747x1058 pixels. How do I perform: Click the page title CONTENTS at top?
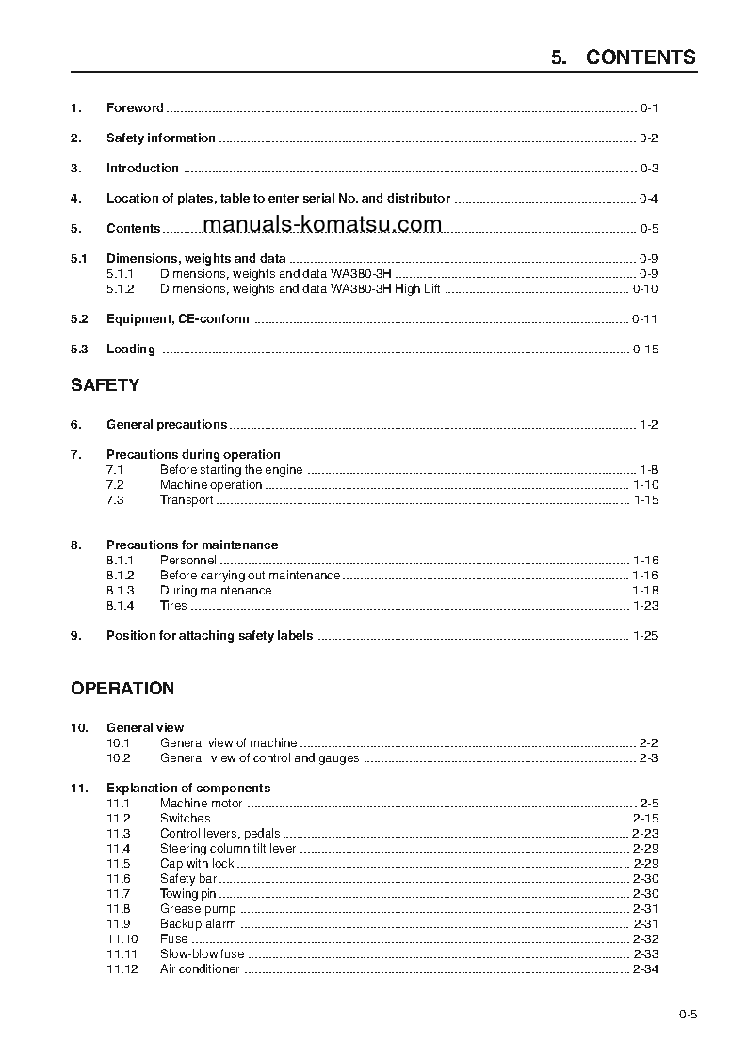coord(641,57)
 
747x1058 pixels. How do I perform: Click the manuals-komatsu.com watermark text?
coord(321,224)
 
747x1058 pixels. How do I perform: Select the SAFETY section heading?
coord(105,385)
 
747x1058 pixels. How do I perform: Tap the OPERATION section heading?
coord(122,689)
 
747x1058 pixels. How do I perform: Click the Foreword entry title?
coord(135,108)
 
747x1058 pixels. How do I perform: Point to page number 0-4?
coord(648,199)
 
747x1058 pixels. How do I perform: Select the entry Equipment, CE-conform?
coord(177,319)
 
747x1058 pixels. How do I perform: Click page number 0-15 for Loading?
coord(645,350)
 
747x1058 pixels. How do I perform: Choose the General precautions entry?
coord(167,425)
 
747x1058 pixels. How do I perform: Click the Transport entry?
coord(187,500)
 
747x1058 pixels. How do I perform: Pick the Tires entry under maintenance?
coord(173,606)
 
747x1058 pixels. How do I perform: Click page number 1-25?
coord(645,636)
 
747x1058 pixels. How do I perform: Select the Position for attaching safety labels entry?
coord(209,636)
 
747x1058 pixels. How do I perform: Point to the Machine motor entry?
coord(201,804)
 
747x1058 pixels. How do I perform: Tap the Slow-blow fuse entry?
coord(202,954)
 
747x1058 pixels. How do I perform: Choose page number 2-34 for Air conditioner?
coord(645,969)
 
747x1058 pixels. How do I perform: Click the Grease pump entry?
coord(198,909)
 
